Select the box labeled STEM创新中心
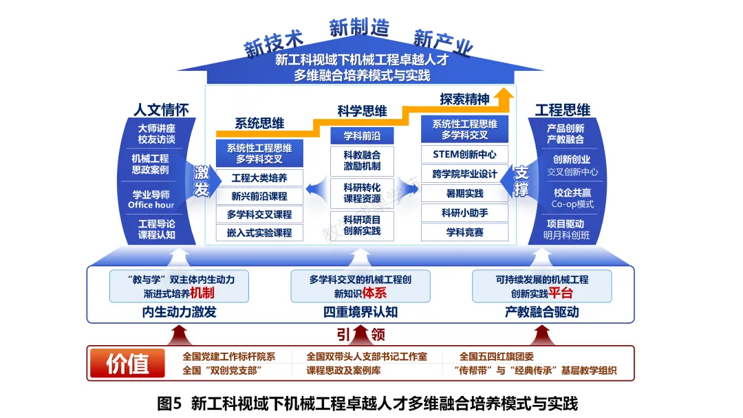464,154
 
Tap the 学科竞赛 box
464,232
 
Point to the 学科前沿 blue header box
362,136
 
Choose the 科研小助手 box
464,213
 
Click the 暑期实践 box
464,194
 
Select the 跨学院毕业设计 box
464,174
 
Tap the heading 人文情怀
161,110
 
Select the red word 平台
561,293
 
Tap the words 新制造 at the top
358,27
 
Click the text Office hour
151,205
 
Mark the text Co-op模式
572,204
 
